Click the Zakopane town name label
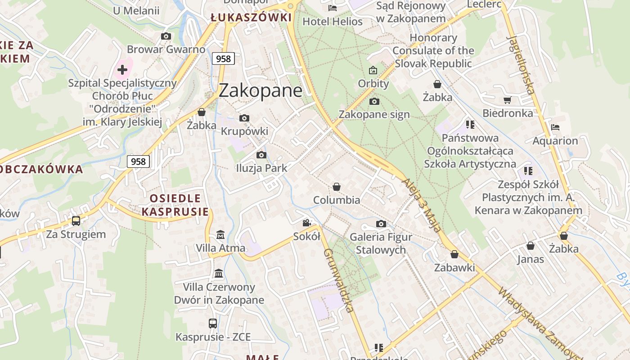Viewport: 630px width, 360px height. pos(261,90)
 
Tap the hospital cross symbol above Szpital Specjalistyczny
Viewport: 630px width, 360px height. pos(122,70)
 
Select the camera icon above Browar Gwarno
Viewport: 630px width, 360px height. pos(166,36)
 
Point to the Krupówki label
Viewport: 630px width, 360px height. pos(244,131)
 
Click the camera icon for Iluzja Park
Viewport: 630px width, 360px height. pos(261,155)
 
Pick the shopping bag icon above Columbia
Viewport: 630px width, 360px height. pos(337,187)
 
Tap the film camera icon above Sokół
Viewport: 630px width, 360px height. pos(307,223)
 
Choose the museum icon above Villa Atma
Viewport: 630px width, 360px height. pos(220,235)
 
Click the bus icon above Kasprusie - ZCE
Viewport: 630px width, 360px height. pos(213,323)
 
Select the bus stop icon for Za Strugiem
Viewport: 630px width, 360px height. pos(76,221)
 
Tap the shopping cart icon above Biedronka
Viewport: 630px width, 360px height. pos(508,100)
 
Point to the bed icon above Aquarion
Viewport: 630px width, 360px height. pos(555,127)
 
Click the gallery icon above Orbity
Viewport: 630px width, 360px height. pos(373,70)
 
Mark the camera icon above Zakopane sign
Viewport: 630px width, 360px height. pos(374,101)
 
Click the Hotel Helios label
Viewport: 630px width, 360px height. pos(333,21)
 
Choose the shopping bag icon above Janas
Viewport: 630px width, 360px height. pos(531,246)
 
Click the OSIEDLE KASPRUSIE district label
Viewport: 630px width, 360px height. pos(175,205)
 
